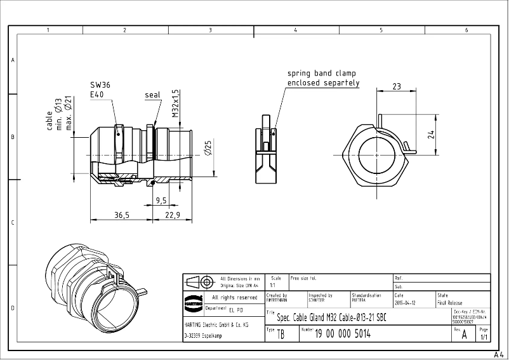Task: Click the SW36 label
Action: tap(100, 84)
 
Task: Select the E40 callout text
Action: tap(97, 95)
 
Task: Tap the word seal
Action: tap(152, 95)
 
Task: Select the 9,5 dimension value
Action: tap(161, 201)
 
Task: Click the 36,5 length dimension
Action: tap(122, 216)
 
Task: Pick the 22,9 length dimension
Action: tap(173, 216)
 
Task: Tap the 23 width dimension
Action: tap(396, 86)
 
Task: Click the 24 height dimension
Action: tap(431, 134)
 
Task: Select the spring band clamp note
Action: tap(323, 78)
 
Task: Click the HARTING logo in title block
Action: tap(193, 302)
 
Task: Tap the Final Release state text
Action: tap(450, 303)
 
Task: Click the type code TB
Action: tap(281, 335)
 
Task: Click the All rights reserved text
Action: tap(235, 297)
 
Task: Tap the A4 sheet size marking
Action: tap(498, 354)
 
